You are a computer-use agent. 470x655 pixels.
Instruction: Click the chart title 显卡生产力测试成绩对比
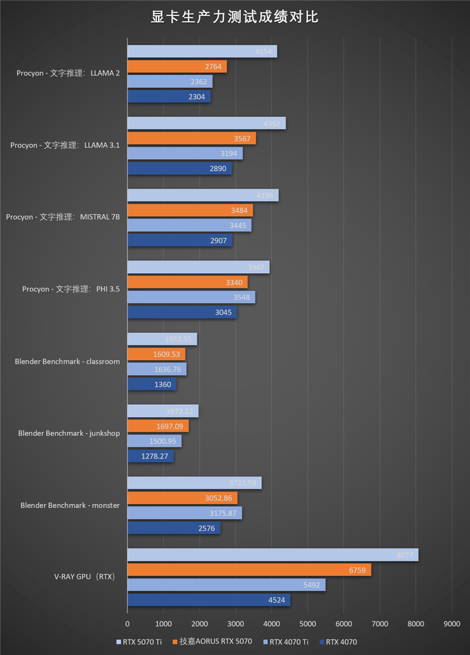(x=235, y=17)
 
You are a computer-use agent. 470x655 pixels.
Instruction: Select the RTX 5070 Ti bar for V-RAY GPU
(x=273, y=555)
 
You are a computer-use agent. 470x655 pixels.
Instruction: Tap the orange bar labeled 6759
(x=249, y=570)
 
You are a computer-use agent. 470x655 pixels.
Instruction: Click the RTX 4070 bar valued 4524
(x=209, y=600)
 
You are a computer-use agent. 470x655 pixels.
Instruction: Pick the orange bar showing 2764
(x=177, y=66)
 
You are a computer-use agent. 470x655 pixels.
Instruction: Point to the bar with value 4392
(x=206, y=123)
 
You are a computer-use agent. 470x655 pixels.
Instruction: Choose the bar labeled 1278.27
(x=150, y=456)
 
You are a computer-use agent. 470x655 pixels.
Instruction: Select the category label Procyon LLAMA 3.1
(x=65, y=145)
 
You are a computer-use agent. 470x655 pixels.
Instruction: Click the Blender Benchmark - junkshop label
(x=69, y=434)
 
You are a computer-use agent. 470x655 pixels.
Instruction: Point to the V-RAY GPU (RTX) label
(x=86, y=577)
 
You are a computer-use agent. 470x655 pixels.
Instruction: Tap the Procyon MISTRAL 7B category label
(x=63, y=217)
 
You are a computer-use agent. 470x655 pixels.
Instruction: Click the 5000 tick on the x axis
(x=307, y=624)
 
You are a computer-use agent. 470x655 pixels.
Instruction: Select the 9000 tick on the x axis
(x=451, y=624)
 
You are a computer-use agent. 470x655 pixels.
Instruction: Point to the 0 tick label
(x=127, y=624)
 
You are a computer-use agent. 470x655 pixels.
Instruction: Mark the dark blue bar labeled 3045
(x=182, y=313)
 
